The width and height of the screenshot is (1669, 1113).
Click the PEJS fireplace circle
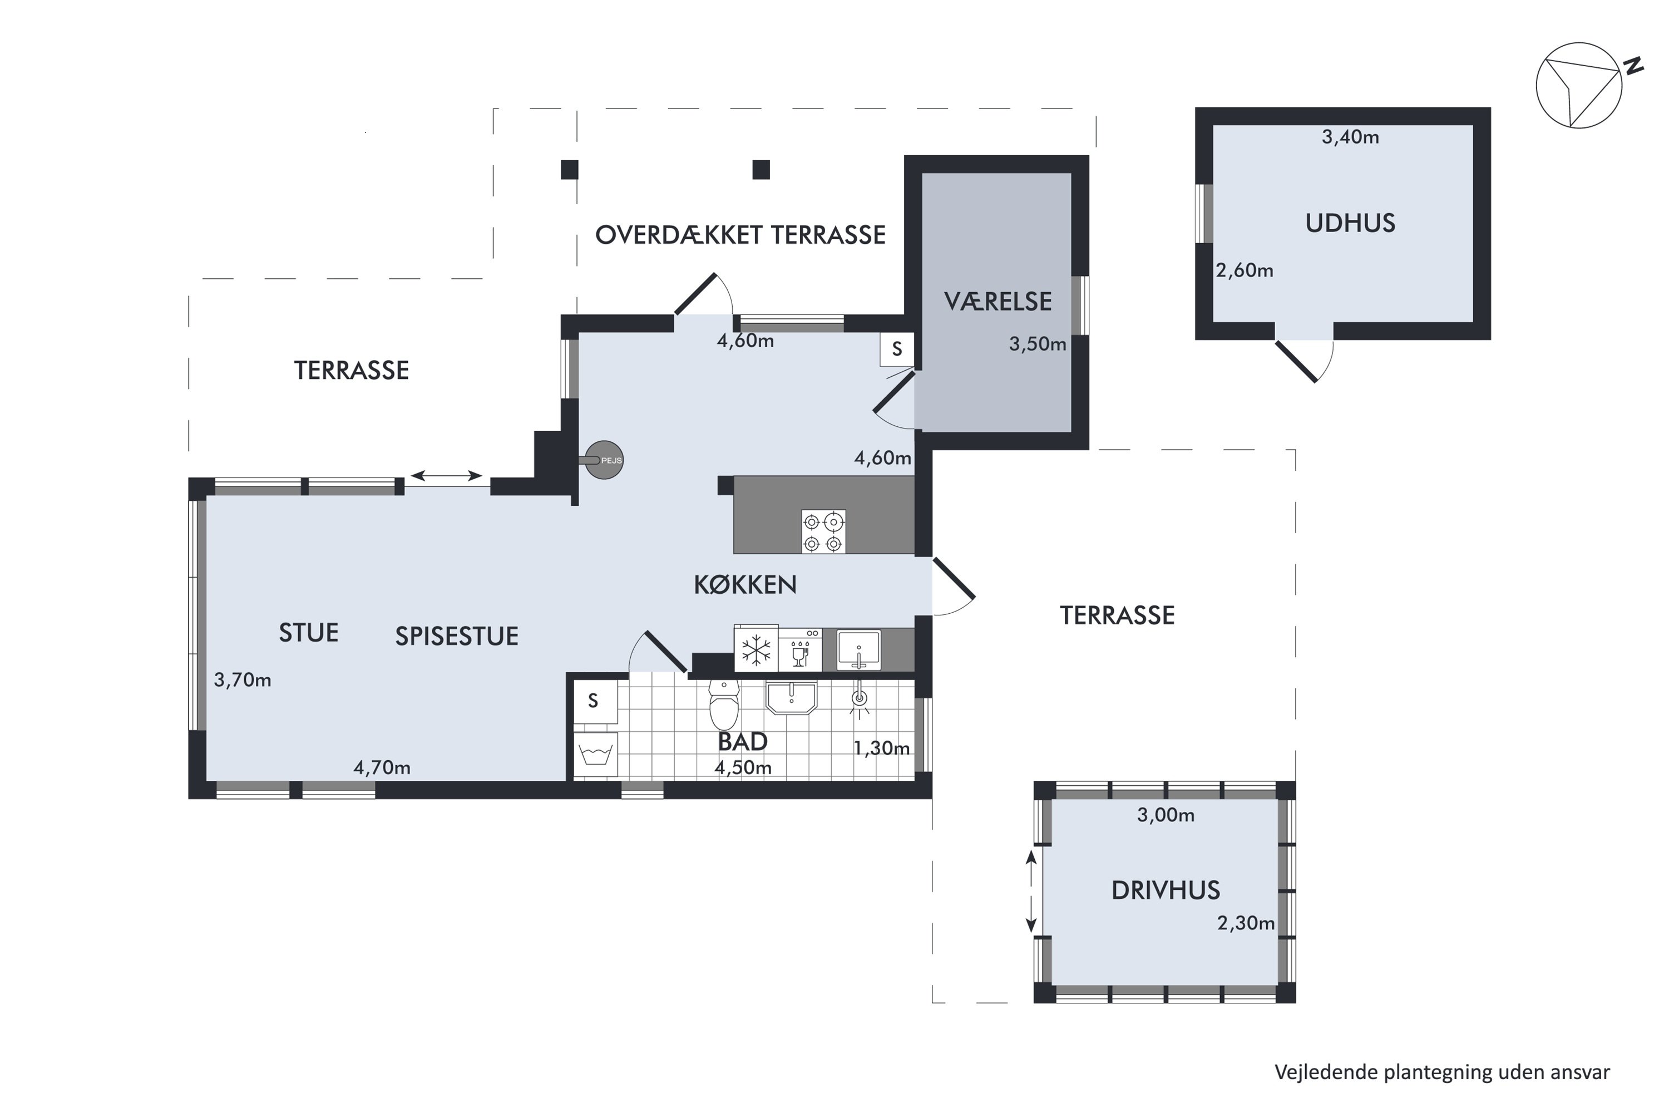(605, 460)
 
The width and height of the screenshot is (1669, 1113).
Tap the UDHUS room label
(1350, 224)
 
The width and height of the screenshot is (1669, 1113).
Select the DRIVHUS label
(1165, 890)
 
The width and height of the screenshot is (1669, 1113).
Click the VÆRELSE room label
(997, 302)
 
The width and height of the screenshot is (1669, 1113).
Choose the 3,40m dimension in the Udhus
(1350, 137)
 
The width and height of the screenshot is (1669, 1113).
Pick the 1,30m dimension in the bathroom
(881, 748)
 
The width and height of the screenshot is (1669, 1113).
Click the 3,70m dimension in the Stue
(243, 680)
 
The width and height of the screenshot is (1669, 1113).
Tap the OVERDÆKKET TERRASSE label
(739, 235)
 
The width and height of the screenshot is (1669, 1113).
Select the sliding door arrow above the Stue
(446, 476)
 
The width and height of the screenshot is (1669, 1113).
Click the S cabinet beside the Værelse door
(896, 349)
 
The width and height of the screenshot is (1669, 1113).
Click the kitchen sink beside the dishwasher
(858, 649)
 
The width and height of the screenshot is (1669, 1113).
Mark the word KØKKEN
(744, 585)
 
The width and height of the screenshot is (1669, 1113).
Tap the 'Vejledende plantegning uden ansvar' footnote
(1442, 1072)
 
